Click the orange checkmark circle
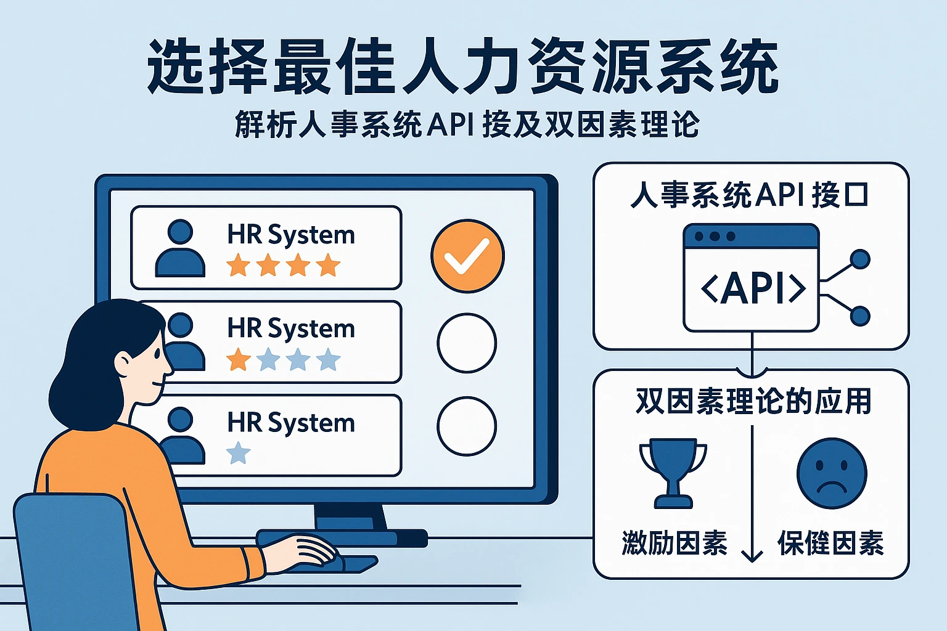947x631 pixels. tap(467, 256)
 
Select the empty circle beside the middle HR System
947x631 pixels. tap(467, 343)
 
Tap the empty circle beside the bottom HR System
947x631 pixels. tap(467, 426)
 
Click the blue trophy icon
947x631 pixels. tap(673, 471)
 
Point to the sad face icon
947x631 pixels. tap(832, 473)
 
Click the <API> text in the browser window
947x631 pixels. tap(753, 288)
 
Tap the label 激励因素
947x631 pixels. tap(674, 543)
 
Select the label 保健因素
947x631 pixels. tap(830, 543)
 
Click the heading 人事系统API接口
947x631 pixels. tap(750, 195)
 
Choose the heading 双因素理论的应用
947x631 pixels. tap(753, 402)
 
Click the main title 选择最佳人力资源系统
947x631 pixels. tap(462, 67)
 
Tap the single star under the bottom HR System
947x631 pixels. tap(239, 454)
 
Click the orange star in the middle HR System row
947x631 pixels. tap(239, 359)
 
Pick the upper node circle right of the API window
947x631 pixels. tap(859, 259)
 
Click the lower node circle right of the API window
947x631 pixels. tap(859, 316)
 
